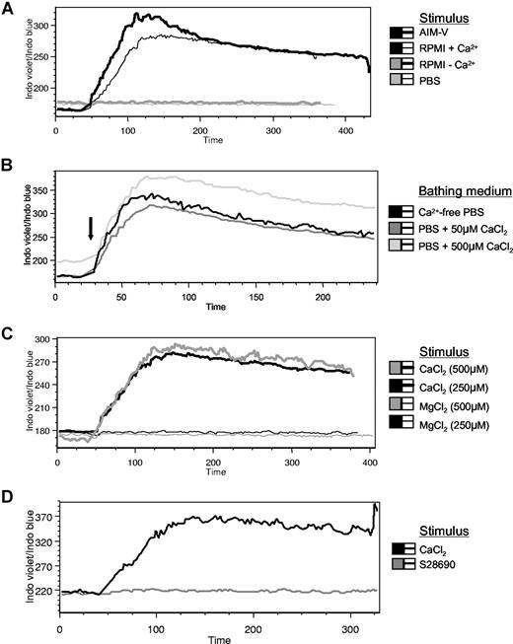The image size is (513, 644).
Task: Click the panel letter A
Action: pos(8,10)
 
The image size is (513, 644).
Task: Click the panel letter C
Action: pos(8,331)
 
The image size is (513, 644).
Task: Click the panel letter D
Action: pos(8,491)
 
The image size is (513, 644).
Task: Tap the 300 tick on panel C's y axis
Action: pos(44,339)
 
